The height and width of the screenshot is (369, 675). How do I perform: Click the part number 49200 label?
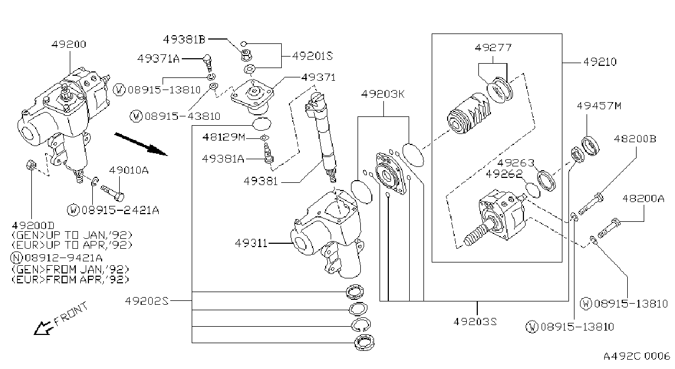click(69, 44)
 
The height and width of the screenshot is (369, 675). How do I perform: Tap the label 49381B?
click(184, 40)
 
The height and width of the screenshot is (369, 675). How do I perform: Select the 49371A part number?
click(158, 58)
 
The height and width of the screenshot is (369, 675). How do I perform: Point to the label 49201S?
click(313, 55)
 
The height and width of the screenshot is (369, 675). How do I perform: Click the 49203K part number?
click(383, 94)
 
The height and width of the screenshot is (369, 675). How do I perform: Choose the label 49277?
click(493, 47)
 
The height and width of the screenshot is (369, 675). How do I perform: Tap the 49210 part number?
click(600, 62)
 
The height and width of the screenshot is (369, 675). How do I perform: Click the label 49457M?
click(599, 106)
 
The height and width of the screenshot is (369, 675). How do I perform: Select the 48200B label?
click(635, 138)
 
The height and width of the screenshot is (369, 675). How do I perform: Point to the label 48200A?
click(643, 198)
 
